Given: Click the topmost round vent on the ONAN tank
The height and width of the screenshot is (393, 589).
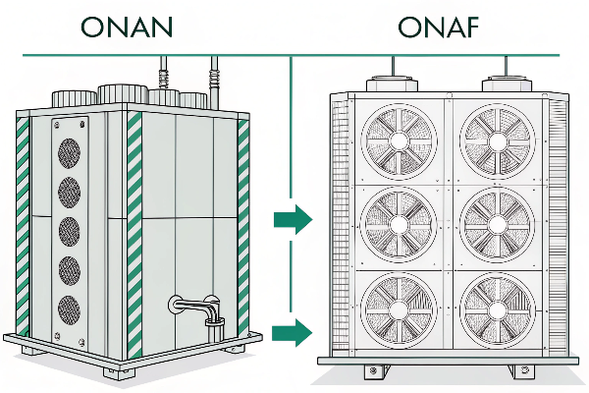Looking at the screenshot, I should [69, 152].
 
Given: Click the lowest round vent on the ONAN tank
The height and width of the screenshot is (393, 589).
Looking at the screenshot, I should [69, 307].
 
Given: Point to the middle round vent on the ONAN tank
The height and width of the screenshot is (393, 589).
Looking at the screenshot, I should [69, 231].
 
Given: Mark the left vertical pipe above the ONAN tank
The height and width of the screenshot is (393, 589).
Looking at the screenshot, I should [164, 75].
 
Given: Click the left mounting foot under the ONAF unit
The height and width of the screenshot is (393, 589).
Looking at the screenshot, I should [371, 372].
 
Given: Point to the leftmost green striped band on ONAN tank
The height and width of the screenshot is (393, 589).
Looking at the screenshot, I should [21, 226].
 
